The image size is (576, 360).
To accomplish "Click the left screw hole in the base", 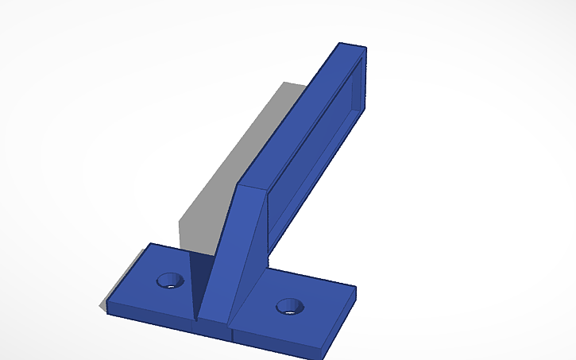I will coord(169,280).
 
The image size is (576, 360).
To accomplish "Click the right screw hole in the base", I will coord(290,306).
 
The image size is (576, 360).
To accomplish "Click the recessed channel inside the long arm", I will coord(318,143).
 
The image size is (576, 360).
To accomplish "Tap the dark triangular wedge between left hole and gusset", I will coord(197,278).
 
